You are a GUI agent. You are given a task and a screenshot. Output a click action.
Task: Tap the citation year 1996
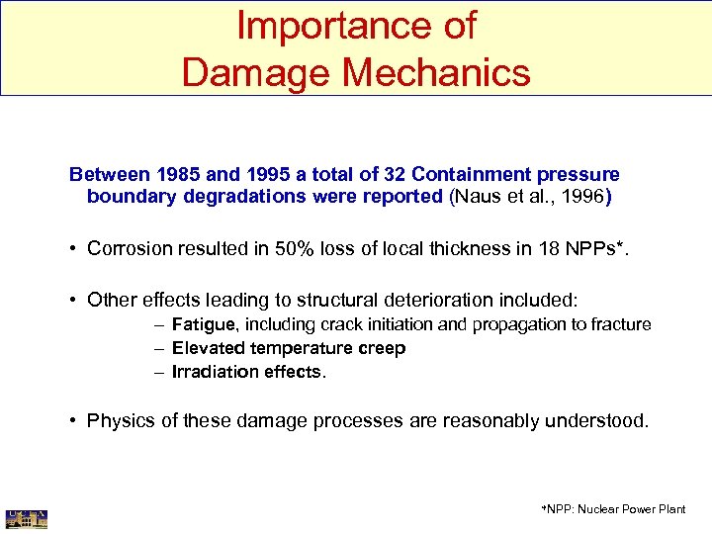[x=582, y=197]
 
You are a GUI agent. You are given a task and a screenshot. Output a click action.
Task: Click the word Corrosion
[x=130, y=248]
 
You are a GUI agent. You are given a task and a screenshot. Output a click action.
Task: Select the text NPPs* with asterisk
[x=594, y=248]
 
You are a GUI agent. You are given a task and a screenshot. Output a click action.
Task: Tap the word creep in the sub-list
[x=382, y=348]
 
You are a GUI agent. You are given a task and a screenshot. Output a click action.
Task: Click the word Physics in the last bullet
[x=119, y=420]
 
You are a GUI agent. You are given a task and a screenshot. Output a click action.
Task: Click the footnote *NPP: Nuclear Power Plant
[x=613, y=509]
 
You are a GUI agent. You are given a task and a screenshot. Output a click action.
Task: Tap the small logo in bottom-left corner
[x=27, y=517]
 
